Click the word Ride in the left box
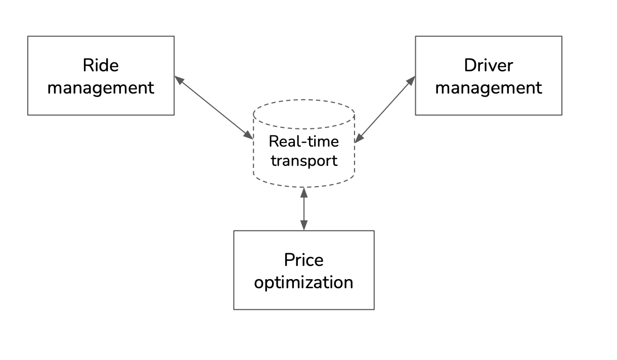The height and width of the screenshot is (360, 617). [x=101, y=65]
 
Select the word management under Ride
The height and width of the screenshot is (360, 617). [x=101, y=88]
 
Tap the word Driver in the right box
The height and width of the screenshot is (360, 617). [x=489, y=65]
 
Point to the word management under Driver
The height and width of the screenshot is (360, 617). [x=489, y=88]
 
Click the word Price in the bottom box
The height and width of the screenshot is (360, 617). [x=304, y=260]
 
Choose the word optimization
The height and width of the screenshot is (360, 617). [x=303, y=282]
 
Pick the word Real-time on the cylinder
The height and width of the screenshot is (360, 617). [x=304, y=142]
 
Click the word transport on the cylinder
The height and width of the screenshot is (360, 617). [x=304, y=161]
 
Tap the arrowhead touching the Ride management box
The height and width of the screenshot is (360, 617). [x=180, y=80]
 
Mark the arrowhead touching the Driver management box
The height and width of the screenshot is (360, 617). [x=411, y=81]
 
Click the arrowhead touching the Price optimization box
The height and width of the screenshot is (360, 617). [x=304, y=226]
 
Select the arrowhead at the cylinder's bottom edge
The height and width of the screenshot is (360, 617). [x=304, y=192]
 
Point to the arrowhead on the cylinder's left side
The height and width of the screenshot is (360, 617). [x=248, y=135]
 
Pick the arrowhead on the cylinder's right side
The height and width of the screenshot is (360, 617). [x=360, y=138]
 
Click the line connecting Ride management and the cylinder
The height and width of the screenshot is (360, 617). [x=214, y=108]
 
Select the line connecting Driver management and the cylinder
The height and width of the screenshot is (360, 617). [x=385, y=109]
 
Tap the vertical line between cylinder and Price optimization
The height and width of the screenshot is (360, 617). [x=304, y=209]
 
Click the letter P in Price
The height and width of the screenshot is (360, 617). [x=289, y=260]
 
